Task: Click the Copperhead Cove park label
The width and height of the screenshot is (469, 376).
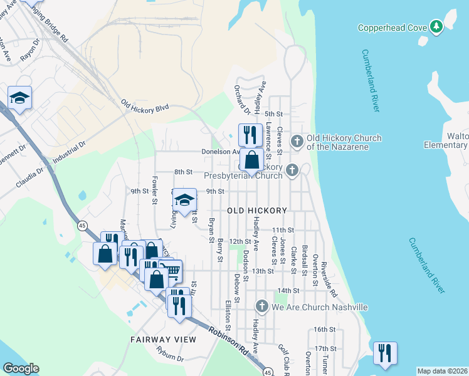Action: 392,27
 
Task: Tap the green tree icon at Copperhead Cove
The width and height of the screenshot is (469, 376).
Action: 436,26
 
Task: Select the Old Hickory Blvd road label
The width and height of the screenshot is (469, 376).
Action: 145,107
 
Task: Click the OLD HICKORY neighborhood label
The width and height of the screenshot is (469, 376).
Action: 257,211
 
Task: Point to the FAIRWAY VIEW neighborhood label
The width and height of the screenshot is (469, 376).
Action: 163,340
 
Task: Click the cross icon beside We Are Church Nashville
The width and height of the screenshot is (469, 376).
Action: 262,306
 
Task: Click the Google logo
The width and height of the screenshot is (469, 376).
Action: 21,368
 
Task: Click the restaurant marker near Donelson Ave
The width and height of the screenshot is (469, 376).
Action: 250,135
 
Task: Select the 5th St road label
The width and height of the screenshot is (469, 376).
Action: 274,114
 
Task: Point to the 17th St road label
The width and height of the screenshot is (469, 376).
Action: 326,348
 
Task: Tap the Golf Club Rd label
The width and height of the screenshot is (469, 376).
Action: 285,358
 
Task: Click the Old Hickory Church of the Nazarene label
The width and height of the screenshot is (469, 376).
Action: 344,142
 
